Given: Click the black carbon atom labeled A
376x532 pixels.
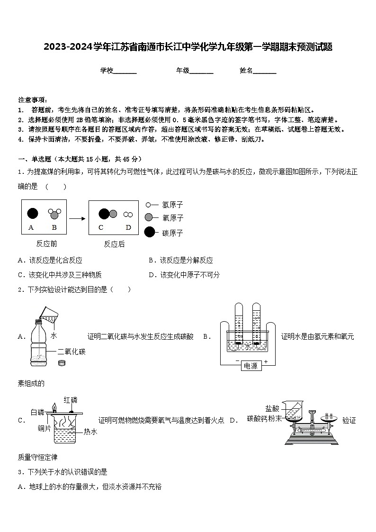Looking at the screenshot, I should pyautogui.click(x=32, y=213).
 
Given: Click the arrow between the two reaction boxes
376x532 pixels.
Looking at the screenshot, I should pyautogui.click(x=77, y=218).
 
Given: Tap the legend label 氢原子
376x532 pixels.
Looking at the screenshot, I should pyautogui.click(x=172, y=205).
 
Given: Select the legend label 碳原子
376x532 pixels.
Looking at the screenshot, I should pyautogui.click(x=172, y=233).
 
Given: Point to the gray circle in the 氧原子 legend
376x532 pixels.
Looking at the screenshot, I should pyautogui.click(x=149, y=217).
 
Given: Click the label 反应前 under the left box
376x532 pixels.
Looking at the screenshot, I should pyautogui.click(x=46, y=244).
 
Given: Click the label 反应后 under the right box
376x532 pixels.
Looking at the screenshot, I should pyautogui.click(x=114, y=244).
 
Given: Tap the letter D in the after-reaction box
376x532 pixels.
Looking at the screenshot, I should pyautogui.click(x=128, y=227).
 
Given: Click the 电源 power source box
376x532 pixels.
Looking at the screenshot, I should pyautogui.click(x=251, y=366).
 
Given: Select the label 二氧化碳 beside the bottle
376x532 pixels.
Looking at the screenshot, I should pyautogui.click(x=72, y=352).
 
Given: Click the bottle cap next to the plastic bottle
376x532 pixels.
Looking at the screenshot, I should pyautogui.click(x=61, y=363).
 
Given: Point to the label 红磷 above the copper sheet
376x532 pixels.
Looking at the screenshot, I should pyautogui.click(x=70, y=399).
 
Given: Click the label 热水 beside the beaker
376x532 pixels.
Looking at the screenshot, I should pyautogui.click(x=90, y=432).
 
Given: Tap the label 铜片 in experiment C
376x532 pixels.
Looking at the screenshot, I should pyautogui.click(x=45, y=429).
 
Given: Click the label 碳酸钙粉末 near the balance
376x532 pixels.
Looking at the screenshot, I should pyautogui.click(x=264, y=418).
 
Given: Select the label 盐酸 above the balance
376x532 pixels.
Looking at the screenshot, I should pyautogui.click(x=272, y=408).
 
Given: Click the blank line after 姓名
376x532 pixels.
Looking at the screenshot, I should pyautogui.click(x=265, y=71).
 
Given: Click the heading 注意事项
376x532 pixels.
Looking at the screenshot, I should pyautogui.click(x=32, y=100).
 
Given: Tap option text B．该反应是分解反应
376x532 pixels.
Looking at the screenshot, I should pyautogui.click(x=181, y=260).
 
